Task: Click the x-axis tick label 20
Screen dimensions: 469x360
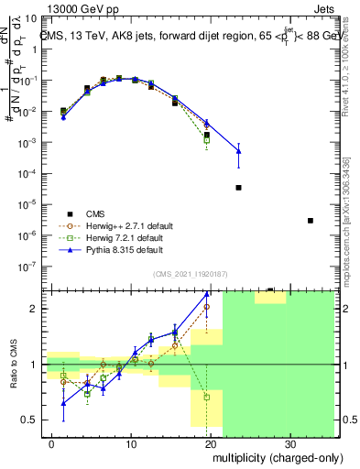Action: click(x=211, y=443)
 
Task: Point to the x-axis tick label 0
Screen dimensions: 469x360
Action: click(x=52, y=443)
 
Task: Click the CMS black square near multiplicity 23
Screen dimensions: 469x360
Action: click(x=238, y=187)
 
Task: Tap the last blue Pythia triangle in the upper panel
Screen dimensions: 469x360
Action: click(x=238, y=150)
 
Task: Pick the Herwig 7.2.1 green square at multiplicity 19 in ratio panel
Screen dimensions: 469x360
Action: click(x=207, y=398)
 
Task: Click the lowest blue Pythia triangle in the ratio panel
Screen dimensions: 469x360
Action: click(x=63, y=403)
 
